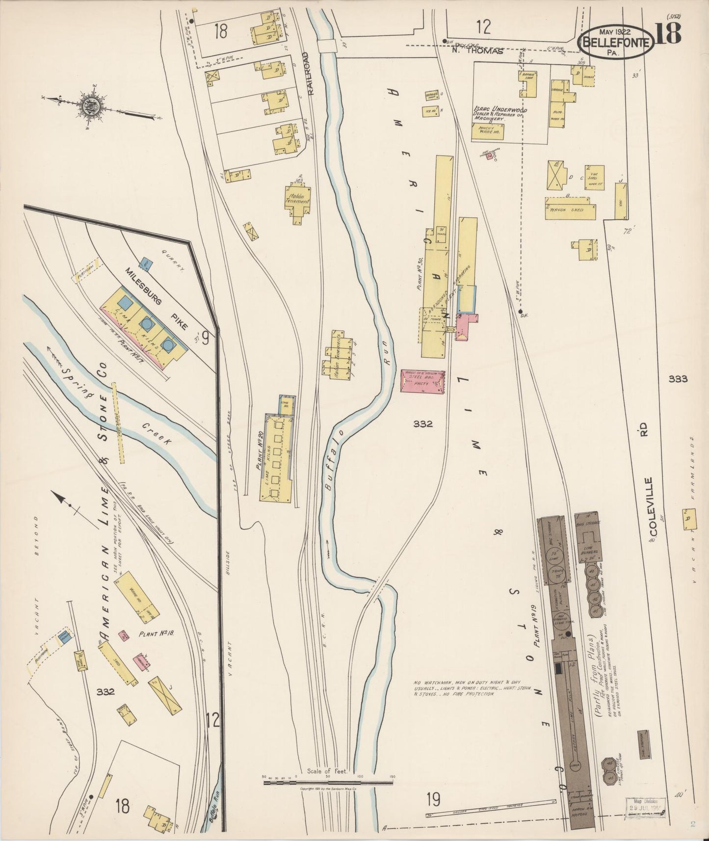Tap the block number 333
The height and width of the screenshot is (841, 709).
coord(678,379)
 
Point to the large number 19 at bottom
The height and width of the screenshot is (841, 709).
coord(433,799)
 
